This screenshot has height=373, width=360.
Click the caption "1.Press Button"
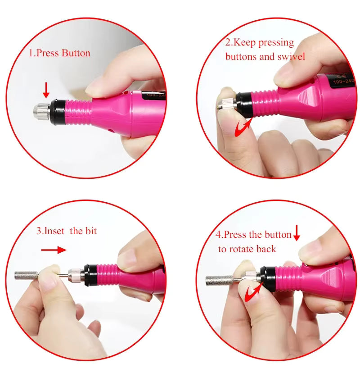pos(59,53)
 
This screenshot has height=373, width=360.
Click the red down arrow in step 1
pos(46,90)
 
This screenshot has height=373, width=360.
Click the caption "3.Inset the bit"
pos(67,232)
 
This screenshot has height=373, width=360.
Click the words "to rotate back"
pos(247,249)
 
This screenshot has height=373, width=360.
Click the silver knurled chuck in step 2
pos(227,100)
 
